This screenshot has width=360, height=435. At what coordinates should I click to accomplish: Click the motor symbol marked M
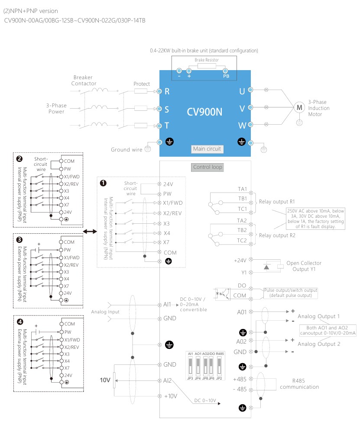298,107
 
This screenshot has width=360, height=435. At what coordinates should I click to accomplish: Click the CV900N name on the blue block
204,111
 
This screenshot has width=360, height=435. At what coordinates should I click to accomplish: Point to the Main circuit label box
207,149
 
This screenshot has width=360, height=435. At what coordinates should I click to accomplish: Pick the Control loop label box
207,167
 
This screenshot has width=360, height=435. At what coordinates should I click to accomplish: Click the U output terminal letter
242,91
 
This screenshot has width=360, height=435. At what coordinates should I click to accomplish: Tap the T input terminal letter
166,126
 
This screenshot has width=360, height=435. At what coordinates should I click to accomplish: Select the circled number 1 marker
103,183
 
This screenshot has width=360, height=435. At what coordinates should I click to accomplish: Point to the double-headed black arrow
90,232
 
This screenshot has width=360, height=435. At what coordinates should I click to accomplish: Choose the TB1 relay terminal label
242,199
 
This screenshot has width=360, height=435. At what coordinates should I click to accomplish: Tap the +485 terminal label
240,379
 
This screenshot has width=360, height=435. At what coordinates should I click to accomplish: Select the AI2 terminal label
168,380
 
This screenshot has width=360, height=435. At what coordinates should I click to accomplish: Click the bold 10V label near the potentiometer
106,380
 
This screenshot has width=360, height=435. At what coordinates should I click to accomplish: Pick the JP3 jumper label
190,378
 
